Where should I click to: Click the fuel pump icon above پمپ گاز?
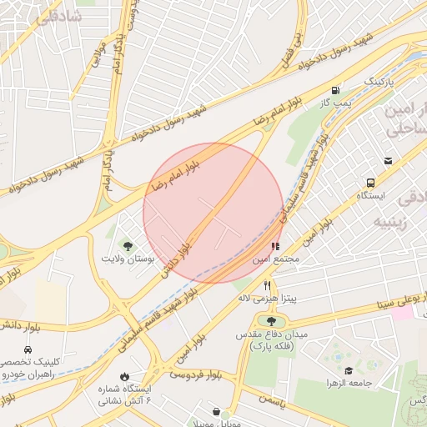[x=335, y=90]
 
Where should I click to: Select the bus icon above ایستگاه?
[x=370, y=183]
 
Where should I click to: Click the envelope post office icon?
[x=388, y=161]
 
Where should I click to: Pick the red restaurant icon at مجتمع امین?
[x=275, y=246]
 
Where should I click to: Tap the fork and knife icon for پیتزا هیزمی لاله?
[x=267, y=284]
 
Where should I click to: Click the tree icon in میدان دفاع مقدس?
[x=271, y=321]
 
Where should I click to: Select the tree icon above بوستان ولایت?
[x=128, y=245]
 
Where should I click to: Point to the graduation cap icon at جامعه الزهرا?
[x=348, y=370]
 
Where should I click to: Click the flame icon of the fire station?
[x=125, y=377]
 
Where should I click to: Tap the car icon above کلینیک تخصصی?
[x=28, y=349]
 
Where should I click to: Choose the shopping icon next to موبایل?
[x=217, y=412]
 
